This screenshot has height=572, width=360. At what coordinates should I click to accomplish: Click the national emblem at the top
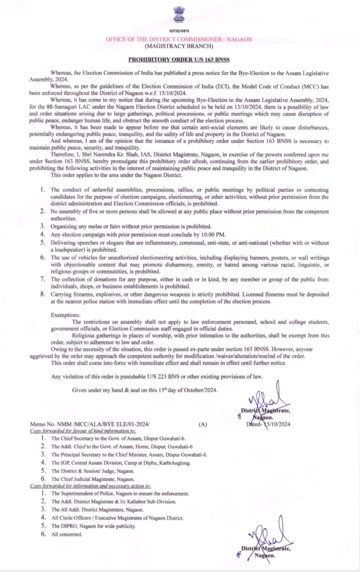pyautogui.click(x=178, y=13)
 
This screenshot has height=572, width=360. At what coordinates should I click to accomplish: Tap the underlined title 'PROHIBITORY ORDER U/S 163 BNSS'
pyautogui.click(x=178, y=59)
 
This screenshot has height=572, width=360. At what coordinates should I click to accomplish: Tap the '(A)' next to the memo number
pyautogui.click(x=202, y=423)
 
